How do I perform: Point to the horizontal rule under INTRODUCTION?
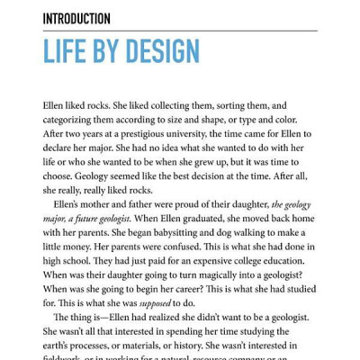pyautogui.click(x=180, y=31)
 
